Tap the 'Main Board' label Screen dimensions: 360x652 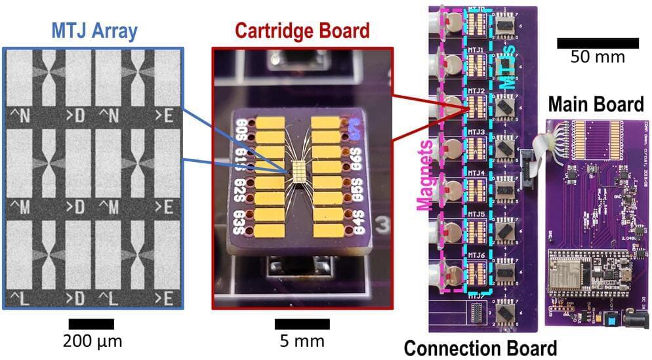pyautogui.click(x=596, y=104)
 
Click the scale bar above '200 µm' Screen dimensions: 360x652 pyautogui.click(x=91, y=324)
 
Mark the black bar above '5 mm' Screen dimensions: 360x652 pyautogui.click(x=302, y=324)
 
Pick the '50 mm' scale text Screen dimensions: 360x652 pyautogui.click(x=598, y=56)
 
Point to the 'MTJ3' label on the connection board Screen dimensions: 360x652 pyautogui.click(x=476, y=132)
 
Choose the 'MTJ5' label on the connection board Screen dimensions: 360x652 pyautogui.click(x=476, y=214)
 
